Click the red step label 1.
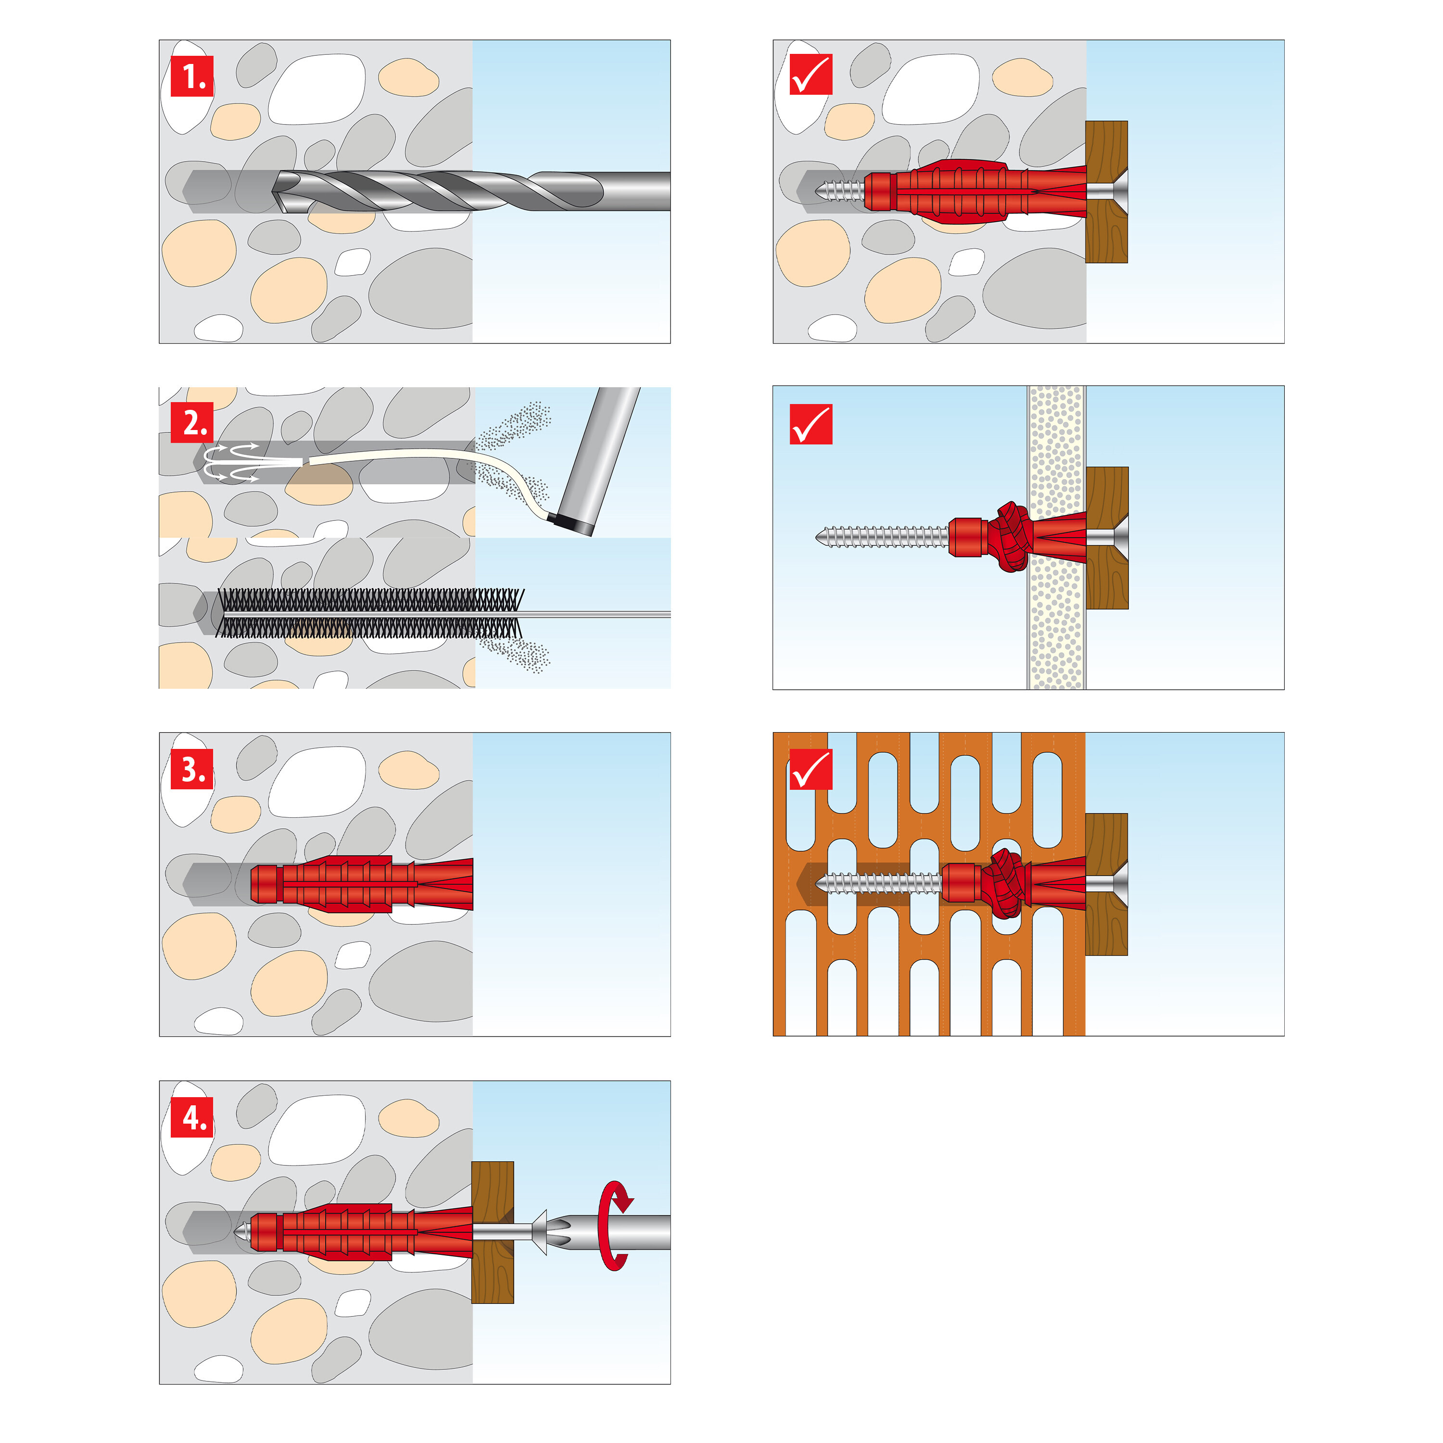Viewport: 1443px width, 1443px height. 192,76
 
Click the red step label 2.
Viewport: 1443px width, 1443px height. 192,423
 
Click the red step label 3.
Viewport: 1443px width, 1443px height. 192,769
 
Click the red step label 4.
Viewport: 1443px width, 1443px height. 192,1117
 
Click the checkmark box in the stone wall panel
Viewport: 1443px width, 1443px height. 810,76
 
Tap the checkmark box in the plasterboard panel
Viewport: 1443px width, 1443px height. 810,424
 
